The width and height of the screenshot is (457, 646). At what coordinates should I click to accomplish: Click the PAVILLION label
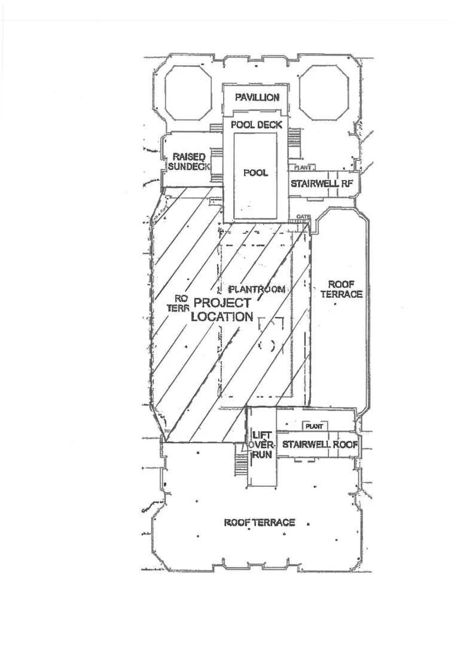257,97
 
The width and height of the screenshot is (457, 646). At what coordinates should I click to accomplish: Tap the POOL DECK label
257,125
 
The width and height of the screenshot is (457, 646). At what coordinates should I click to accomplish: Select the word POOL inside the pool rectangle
255,173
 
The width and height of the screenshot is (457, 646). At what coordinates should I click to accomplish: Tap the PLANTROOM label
257,290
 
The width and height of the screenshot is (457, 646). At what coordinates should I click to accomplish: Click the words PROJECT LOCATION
222,310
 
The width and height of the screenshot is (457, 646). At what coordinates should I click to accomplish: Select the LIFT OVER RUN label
261,444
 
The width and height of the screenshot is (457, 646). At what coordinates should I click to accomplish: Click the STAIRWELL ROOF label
320,444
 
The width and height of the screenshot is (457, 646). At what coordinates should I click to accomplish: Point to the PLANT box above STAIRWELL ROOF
314,426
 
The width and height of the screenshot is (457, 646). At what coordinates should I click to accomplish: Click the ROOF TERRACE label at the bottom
260,523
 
